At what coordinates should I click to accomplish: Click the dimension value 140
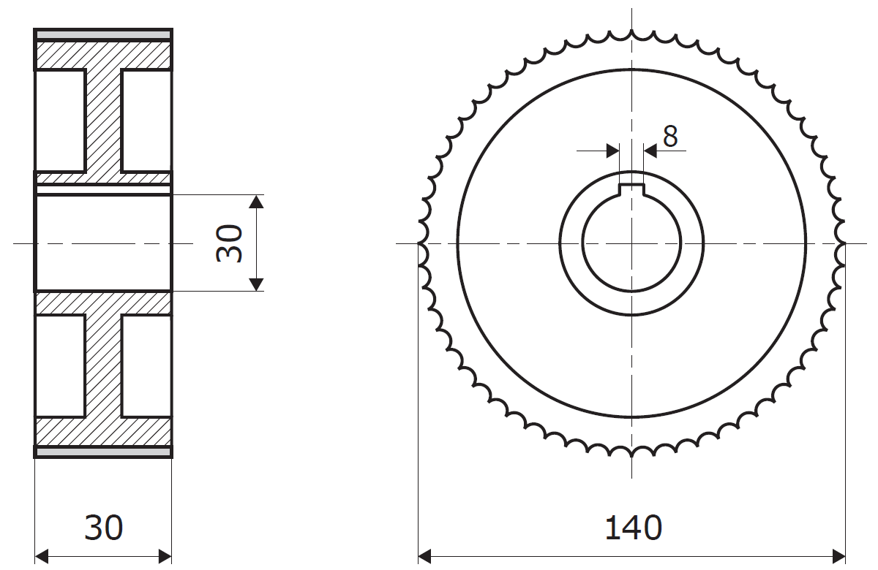633,528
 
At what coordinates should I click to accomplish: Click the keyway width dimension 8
670,137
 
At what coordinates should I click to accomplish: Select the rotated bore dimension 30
230,243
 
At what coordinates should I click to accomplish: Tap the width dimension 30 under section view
103,528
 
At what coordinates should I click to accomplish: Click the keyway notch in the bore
631,189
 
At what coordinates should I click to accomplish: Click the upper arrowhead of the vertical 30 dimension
255,202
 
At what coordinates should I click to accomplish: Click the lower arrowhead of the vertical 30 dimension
255,284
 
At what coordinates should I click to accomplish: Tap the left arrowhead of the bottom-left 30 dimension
42,555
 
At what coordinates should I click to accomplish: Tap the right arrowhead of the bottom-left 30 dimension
165,555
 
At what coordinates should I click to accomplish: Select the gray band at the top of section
103,35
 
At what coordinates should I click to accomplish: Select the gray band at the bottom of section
103,452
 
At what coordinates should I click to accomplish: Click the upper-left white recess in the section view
60,121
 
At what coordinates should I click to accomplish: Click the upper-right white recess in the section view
146,121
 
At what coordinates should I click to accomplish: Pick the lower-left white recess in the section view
60,366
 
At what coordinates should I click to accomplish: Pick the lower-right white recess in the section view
146,366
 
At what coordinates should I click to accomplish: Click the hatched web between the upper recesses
103,121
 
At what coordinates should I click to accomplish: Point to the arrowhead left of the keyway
613,151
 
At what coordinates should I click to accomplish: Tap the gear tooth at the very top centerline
631,34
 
